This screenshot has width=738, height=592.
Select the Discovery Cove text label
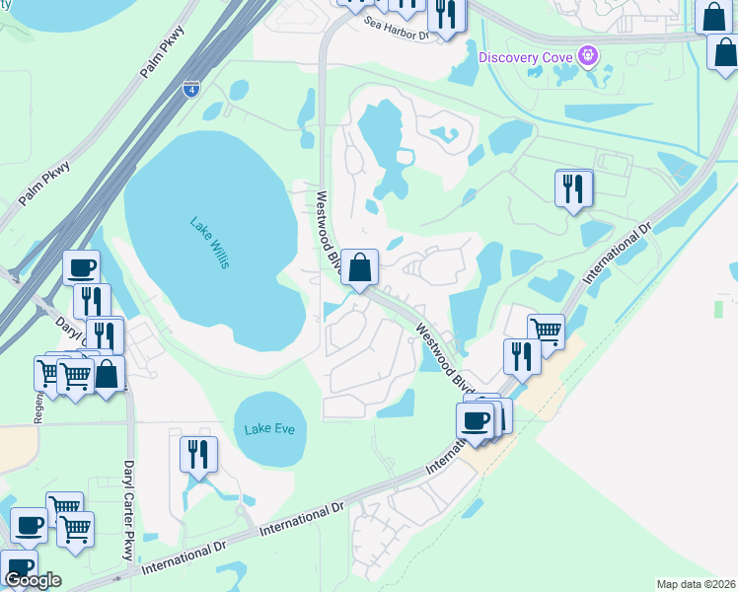pos(526,56)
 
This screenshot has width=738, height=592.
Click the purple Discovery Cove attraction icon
pos(590,55)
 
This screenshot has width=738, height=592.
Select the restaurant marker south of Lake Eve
pos(198,454)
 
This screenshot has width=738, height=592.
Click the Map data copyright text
pos(696,584)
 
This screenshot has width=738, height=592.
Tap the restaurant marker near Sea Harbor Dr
pos(446,14)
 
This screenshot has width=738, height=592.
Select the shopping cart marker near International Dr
pos(546,331)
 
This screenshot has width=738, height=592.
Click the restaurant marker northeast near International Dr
pos(573,187)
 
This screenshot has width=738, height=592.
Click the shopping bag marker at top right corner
pos(711,15)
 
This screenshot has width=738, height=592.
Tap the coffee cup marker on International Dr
pos(476,420)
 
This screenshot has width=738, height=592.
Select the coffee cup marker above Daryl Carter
pos(81,267)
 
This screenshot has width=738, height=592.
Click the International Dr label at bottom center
pos(301,520)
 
